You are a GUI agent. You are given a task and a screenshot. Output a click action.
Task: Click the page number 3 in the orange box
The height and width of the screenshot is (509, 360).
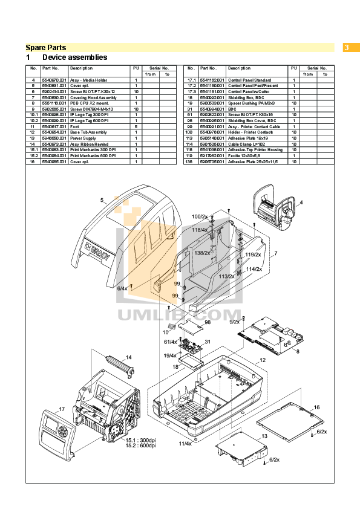tap(347, 47)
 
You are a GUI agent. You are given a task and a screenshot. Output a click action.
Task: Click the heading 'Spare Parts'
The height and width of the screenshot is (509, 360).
tap(46, 47)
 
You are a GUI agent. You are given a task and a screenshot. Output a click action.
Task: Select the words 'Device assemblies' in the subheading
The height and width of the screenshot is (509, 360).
tap(74, 57)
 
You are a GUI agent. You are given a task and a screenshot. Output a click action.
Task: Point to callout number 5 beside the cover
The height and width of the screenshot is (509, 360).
tap(102, 200)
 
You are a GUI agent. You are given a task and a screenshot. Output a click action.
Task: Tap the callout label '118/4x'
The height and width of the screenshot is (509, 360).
tap(200, 230)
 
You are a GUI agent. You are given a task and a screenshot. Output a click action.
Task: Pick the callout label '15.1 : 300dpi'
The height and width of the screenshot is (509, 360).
tap(140, 440)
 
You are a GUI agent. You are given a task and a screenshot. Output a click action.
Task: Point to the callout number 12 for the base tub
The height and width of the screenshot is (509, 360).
tap(263, 360)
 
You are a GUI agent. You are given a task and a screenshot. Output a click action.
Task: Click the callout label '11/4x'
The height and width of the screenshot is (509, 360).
tap(185, 444)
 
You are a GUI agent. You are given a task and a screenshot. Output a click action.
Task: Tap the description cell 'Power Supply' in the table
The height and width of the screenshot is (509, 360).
tap(83, 138)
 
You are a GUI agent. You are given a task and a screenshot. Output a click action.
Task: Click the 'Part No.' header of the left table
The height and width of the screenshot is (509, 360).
tap(51, 68)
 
